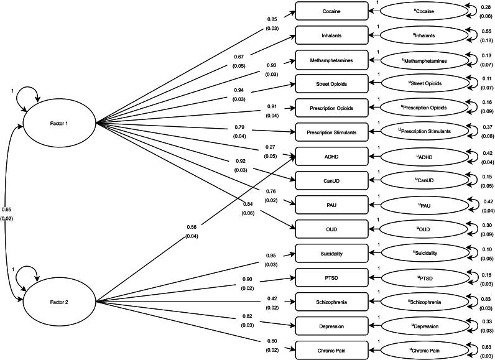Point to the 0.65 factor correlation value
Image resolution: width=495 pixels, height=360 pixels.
pos(7,209)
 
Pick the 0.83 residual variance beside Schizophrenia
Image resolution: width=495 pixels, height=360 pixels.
pos(486,299)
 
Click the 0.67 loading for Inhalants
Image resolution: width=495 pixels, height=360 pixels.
pos(238,56)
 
